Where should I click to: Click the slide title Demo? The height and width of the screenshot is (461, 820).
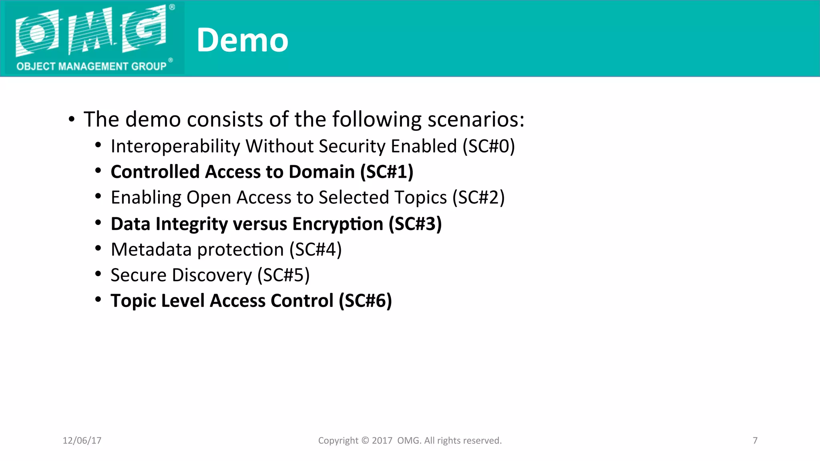[242, 40]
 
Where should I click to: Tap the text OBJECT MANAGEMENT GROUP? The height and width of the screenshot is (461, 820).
[91, 66]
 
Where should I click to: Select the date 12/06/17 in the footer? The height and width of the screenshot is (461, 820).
[82, 441]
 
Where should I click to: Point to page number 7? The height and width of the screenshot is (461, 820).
[755, 441]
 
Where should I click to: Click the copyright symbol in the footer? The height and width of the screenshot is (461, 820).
[365, 441]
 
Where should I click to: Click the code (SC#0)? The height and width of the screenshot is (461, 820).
[488, 146]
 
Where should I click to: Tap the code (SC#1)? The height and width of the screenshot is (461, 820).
[386, 172]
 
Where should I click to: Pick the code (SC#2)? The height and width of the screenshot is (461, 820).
[478, 198]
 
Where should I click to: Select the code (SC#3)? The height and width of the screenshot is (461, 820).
[415, 224]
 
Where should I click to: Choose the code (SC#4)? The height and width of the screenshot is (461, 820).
[316, 249]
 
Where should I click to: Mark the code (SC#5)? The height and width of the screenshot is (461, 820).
[283, 275]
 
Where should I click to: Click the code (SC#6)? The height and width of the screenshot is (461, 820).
[365, 301]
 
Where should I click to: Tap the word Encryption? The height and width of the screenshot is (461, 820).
[338, 224]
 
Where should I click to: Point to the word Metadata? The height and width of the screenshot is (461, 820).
[151, 249]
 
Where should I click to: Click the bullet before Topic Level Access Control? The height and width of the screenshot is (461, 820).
[98, 300]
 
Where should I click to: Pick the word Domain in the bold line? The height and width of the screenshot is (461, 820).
[322, 172]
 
